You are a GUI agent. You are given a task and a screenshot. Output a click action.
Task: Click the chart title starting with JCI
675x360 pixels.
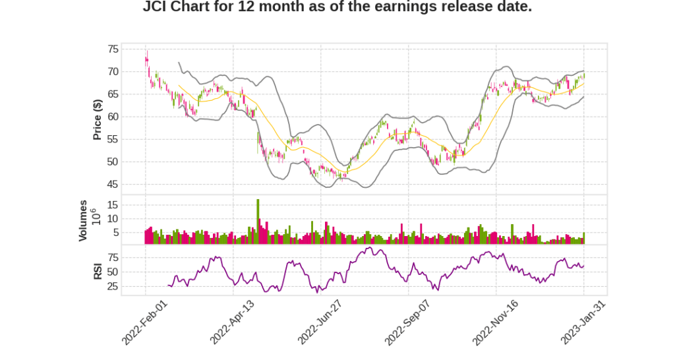click(337, 7)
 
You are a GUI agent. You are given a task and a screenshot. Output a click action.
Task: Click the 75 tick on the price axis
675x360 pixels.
click(113, 49)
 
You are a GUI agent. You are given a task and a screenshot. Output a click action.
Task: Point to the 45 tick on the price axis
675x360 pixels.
click(113, 184)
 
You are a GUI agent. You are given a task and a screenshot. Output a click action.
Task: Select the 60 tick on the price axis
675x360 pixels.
click(113, 117)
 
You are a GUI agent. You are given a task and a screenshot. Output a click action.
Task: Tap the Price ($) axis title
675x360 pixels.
click(98, 119)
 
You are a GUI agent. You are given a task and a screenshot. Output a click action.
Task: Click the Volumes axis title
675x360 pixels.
click(83, 220)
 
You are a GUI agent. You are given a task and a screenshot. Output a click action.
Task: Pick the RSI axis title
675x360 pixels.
click(98, 271)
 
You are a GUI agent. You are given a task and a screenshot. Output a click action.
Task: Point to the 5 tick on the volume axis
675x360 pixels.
click(115, 232)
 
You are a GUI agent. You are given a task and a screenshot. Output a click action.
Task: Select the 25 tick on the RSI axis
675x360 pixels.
click(113, 286)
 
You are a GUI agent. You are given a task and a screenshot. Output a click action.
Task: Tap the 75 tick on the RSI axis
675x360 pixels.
click(113, 256)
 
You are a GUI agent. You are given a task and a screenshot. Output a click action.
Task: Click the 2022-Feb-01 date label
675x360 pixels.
click(146, 322)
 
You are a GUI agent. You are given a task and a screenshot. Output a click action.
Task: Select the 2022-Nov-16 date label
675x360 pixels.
click(496, 322)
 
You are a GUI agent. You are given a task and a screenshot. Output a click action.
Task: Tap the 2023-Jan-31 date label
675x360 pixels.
click(583, 322)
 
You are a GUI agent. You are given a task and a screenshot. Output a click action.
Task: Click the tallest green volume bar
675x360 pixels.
click(258, 222)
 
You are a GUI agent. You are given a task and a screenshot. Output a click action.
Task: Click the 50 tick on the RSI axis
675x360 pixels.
click(113, 272)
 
